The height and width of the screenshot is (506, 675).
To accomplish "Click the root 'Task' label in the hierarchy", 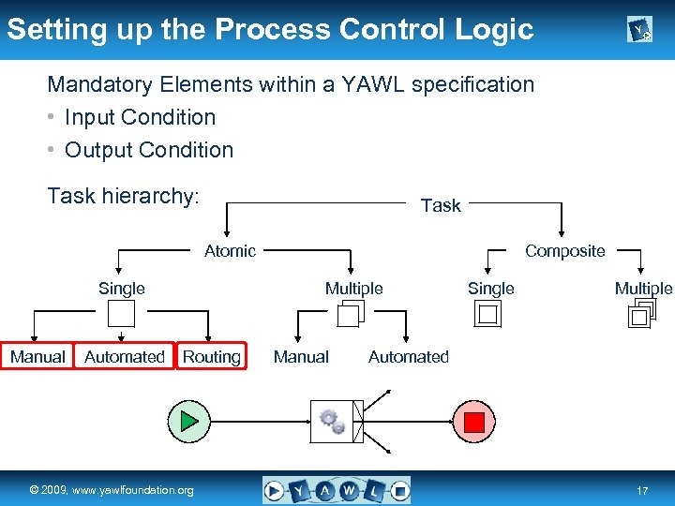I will click(x=441, y=205).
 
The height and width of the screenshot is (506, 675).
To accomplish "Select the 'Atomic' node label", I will click(x=230, y=250).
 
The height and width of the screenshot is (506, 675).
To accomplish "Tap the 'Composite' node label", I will click(x=564, y=250).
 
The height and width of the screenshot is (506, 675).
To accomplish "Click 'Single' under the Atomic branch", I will click(x=122, y=289).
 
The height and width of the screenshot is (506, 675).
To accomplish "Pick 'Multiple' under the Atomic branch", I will click(x=353, y=289).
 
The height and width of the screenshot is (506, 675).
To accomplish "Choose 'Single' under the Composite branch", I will click(x=490, y=289).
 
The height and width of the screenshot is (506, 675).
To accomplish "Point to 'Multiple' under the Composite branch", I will click(x=643, y=289).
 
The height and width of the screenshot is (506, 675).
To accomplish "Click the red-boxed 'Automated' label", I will click(x=125, y=356).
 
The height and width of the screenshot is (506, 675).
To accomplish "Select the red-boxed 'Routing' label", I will click(x=211, y=356).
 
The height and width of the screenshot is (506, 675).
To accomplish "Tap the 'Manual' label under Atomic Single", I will click(x=37, y=356).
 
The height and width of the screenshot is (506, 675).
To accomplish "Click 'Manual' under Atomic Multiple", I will click(x=301, y=356).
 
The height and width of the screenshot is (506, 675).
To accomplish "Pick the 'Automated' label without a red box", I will click(x=408, y=356).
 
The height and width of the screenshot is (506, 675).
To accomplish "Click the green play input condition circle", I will click(x=190, y=421).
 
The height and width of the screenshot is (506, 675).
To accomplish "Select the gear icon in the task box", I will click(x=332, y=421).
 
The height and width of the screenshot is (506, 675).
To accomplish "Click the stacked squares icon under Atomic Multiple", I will click(x=349, y=315).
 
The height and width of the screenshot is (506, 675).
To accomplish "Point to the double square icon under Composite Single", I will click(x=488, y=315).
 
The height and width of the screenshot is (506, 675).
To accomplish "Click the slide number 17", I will click(x=642, y=491).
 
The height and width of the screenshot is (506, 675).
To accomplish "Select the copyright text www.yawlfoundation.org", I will click(x=112, y=490).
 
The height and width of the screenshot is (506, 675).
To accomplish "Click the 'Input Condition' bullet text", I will click(x=140, y=117).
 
